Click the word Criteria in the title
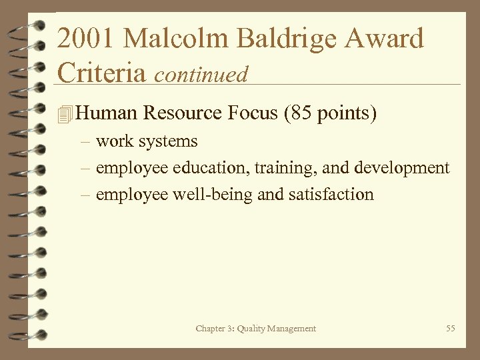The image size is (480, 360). [102, 72]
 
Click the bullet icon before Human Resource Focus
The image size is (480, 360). [64, 115]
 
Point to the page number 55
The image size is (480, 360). [451, 328]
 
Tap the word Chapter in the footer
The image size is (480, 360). [209, 329]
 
